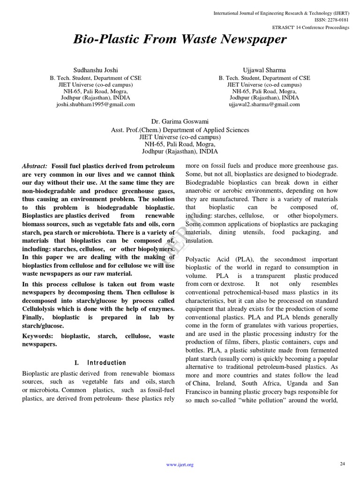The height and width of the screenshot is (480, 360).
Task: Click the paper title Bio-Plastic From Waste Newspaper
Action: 180,40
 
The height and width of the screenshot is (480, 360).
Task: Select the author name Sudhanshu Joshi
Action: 96,69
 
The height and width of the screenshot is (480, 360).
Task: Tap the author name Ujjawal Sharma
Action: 264,69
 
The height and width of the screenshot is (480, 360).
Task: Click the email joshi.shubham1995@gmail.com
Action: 96,105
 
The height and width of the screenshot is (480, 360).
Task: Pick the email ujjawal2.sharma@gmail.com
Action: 264,105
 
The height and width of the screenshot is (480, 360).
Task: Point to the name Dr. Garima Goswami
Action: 180,121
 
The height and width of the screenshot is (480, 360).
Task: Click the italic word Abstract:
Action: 35,166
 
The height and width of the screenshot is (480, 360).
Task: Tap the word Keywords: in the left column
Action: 37,336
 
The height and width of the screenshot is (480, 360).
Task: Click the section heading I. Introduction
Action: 100,363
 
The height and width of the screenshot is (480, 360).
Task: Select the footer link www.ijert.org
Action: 180,465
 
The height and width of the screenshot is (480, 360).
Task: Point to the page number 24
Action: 342,464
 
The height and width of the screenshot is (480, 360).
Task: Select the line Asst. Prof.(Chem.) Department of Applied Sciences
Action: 180,130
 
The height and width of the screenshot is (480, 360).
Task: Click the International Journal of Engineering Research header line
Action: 281,13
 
